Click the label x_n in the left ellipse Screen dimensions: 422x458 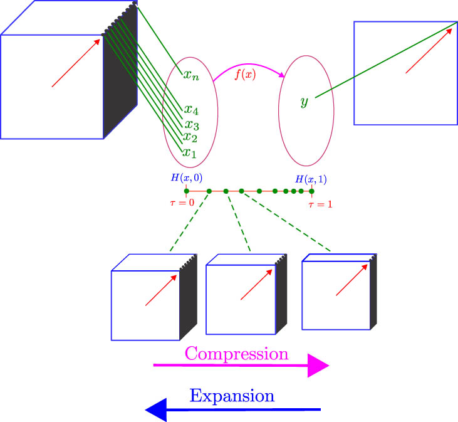[191, 76]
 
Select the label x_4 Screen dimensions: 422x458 [191, 110]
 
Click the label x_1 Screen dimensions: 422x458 [189, 152]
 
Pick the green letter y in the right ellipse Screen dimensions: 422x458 [304, 102]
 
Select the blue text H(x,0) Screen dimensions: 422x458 [186, 177]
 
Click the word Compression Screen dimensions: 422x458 [236, 354]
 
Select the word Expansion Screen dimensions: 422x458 [232, 396]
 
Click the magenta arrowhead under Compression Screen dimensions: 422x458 [318, 365]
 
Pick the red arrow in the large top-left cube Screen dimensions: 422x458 [76, 63]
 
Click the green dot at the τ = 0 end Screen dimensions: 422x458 [186, 191]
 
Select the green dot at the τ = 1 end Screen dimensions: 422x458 [311, 191]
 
